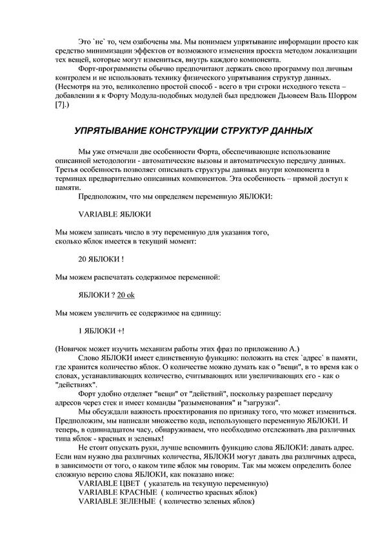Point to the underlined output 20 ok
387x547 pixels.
point(126,295)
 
